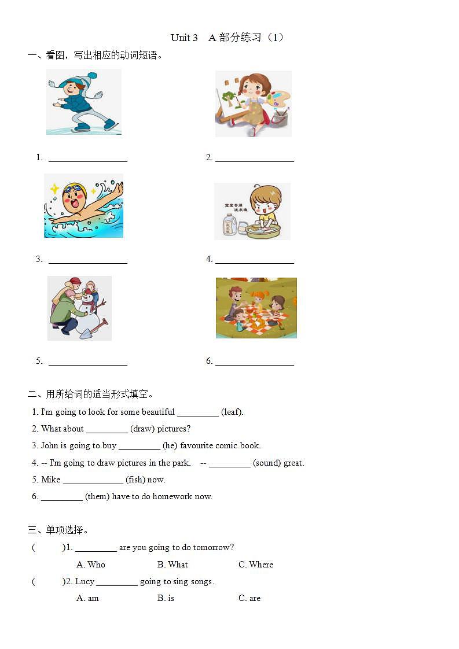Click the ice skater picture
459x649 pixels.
(x=84, y=102)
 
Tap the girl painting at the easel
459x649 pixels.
(x=253, y=104)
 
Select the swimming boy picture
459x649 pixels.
(x=83, y=206)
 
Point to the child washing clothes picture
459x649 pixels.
(x=252, y=211)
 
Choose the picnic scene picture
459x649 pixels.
(x=256, y=308)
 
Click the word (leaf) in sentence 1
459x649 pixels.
(x=232, y=412)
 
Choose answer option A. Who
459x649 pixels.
(x=91, y=565)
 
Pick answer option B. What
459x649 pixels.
(x=172, y=565)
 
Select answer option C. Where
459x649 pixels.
(x=256, y=565)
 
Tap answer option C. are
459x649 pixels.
(x=249, y=598)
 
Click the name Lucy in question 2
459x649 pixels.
(x=85, y=581)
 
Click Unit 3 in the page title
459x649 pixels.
(x=184, y=38)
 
